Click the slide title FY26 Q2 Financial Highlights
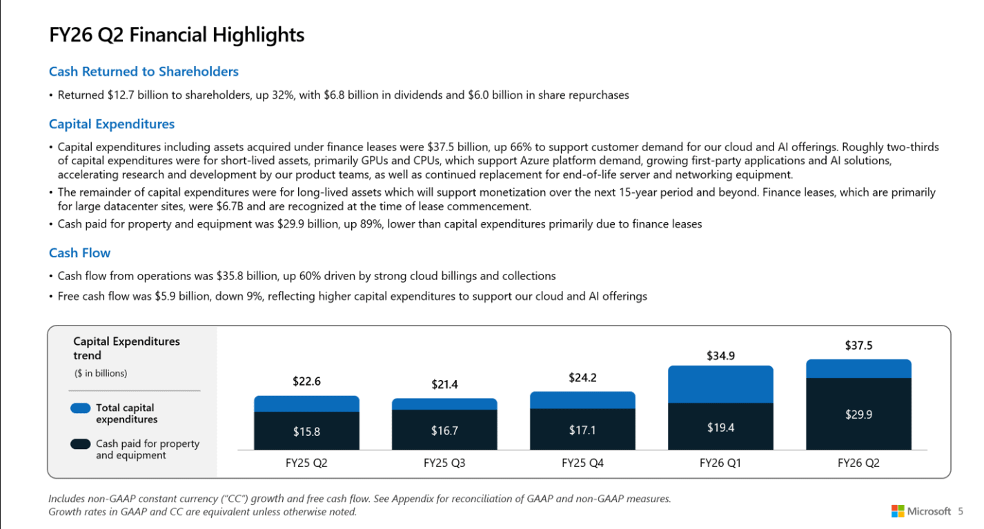pyautogui.click(x=177, y=35)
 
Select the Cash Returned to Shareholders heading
pyautogui.click(x=144, y=72)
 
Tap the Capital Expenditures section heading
pyautogui.click(x=112, y=124)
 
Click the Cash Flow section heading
pyautogui.click(x=79, y=253)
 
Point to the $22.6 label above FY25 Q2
pyautogui.click(x=306, y=381)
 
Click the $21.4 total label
pyautogui.click(x=444, y=385)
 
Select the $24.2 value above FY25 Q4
pyautogui.click(x=582, y=378)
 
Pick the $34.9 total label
pyautogui.click(x=720, y=356)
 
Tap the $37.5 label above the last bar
pyautogui.click(x=858, y=346)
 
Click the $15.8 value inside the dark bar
pyautogui.click(x=306, y=432)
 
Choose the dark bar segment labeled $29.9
pyautogui.click(x=858, y=414)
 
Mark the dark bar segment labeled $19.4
pyautogui.click(x=720, y=426)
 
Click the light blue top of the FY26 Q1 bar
pyautogui.click(x=720, y=384)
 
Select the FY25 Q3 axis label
pyautogui.click(x=444, y=463)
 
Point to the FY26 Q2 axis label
pyautogui.click(x=858, y=463)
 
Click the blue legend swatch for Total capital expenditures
pyautogui.click(x=81, y=408)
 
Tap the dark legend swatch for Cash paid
pyautogui.click(x=81, y=444)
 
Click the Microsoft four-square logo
pyautogui.click(x=898, y=511)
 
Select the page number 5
pyautogui.click(x=960, y=511)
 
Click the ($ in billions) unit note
pyautogui.click(x=101, y=373)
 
